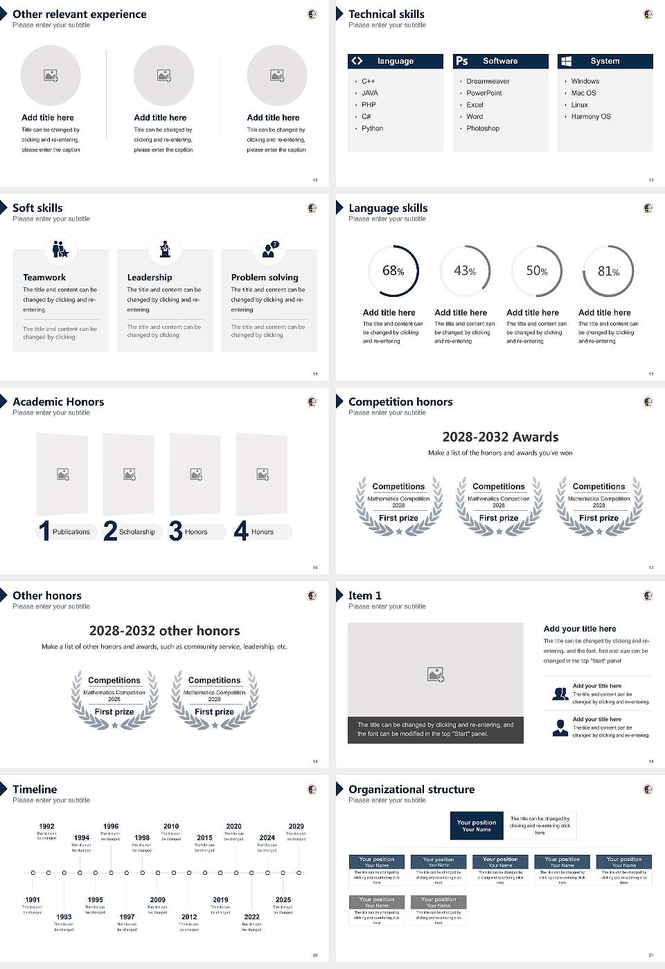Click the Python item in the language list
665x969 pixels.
pos(372,129)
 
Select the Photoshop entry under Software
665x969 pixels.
pos(483,129)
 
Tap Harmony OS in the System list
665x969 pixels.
pos(591,117)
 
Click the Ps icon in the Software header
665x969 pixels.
pos(462,61)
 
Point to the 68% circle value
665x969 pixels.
pos(393,271)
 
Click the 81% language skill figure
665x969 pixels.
pos(608,271)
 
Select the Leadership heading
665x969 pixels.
pos(150,278)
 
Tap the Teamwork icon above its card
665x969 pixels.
pos(60,248)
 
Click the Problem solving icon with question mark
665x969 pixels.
pos(269,249)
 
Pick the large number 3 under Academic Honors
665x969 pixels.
pos(176,531)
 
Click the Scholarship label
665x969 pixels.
pos(136,532)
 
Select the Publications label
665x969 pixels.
pos(71,532)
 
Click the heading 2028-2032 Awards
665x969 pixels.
pos(500,437)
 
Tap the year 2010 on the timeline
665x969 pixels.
pos(171,826)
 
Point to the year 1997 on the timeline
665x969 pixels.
pos(127,917)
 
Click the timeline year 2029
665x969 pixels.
pos(296,826)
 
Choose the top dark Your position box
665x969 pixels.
pos(477,826)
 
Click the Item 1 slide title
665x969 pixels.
pos(364,595)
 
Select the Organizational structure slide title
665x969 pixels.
pos(411,789)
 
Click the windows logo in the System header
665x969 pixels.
pos(566,61)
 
